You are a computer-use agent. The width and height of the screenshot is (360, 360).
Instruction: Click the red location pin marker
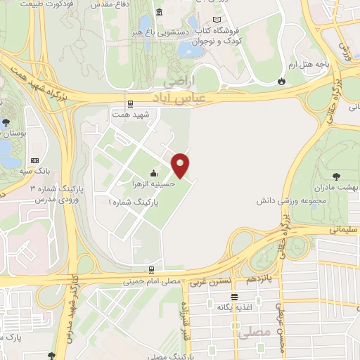click(181, 165)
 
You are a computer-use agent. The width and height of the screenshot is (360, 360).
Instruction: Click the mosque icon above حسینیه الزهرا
click(153, 173)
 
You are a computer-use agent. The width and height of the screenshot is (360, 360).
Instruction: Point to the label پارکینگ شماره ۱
click(134, 201)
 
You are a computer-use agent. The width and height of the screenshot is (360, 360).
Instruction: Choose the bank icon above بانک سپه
click(35, 161)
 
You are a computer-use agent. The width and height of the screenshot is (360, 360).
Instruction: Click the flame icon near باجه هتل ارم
click(282, 81)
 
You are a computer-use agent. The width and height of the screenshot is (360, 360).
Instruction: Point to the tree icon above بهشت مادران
click(335, 176)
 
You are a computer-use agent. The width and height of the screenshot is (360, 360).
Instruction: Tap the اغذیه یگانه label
click(234, 307)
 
